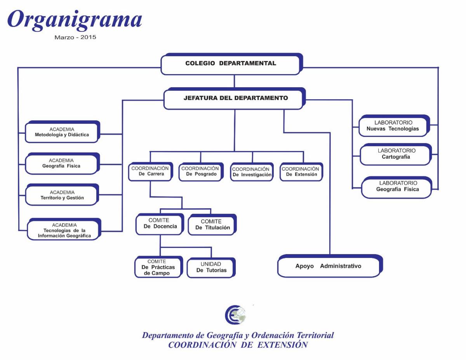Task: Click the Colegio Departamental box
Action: (x=231, y=64)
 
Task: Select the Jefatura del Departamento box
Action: (x=235, y=99)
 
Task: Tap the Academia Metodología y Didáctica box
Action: (x=63, y=132)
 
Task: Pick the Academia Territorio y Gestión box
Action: (x=62, y=195)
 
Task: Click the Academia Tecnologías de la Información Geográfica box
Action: (x=64, y=229)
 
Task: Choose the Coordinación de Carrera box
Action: (x=151, y=171)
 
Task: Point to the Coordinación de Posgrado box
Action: (x=201, y=172)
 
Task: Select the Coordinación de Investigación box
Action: (x=252, y=172)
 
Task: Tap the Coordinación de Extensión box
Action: (x=301, y=172)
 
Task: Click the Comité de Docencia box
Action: (x=160, y=224)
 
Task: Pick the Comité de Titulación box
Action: (x=212, y=225)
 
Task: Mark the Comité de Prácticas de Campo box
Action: (x=159, y=267)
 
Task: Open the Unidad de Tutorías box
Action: (x=211, y=268)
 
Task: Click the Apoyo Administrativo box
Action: (x=330, y=266)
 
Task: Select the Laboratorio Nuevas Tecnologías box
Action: (x=394, y=126)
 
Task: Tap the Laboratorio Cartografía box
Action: (x=396, y=154)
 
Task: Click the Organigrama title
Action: (x=75, y=20)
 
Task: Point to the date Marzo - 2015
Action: (x=75, y=37)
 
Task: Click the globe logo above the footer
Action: (x=235, y=315)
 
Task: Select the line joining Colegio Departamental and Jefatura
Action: (x=234, y=81)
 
